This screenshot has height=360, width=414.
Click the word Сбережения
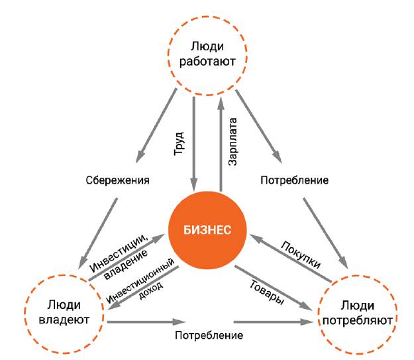click(117, 180)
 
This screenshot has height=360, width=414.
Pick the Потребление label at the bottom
click(209, 335)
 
